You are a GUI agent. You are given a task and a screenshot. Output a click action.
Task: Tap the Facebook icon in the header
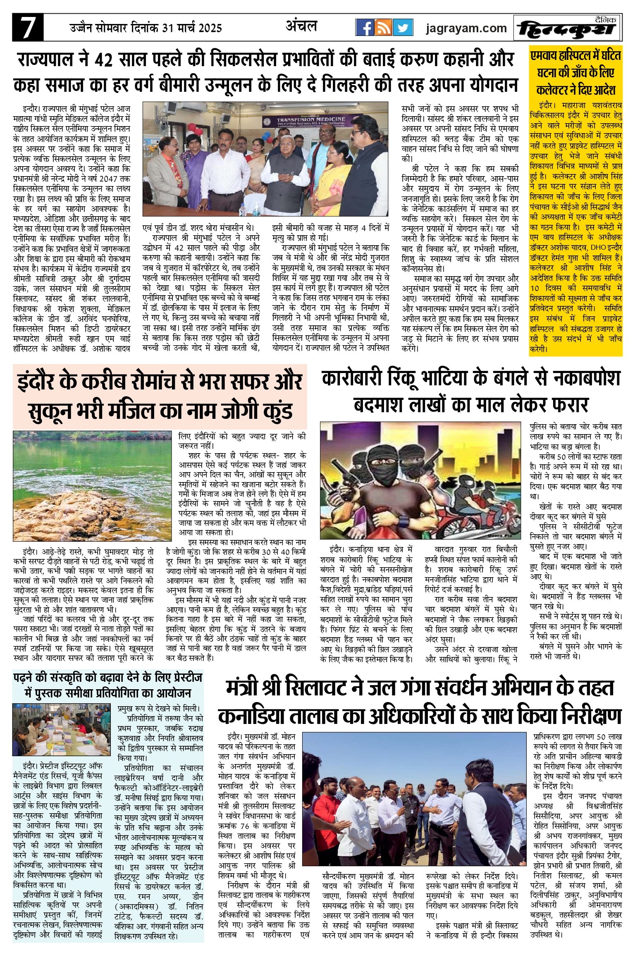(x=365, y=28)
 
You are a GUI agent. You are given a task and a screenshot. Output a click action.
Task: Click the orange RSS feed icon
(x=383, y=28)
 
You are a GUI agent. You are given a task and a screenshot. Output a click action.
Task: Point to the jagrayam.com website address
(x=466, y=28)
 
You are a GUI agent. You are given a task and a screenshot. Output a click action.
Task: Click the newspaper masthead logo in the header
(x=567, y=28)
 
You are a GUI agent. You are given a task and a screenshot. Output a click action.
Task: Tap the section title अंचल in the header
(x=301, y=26)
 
